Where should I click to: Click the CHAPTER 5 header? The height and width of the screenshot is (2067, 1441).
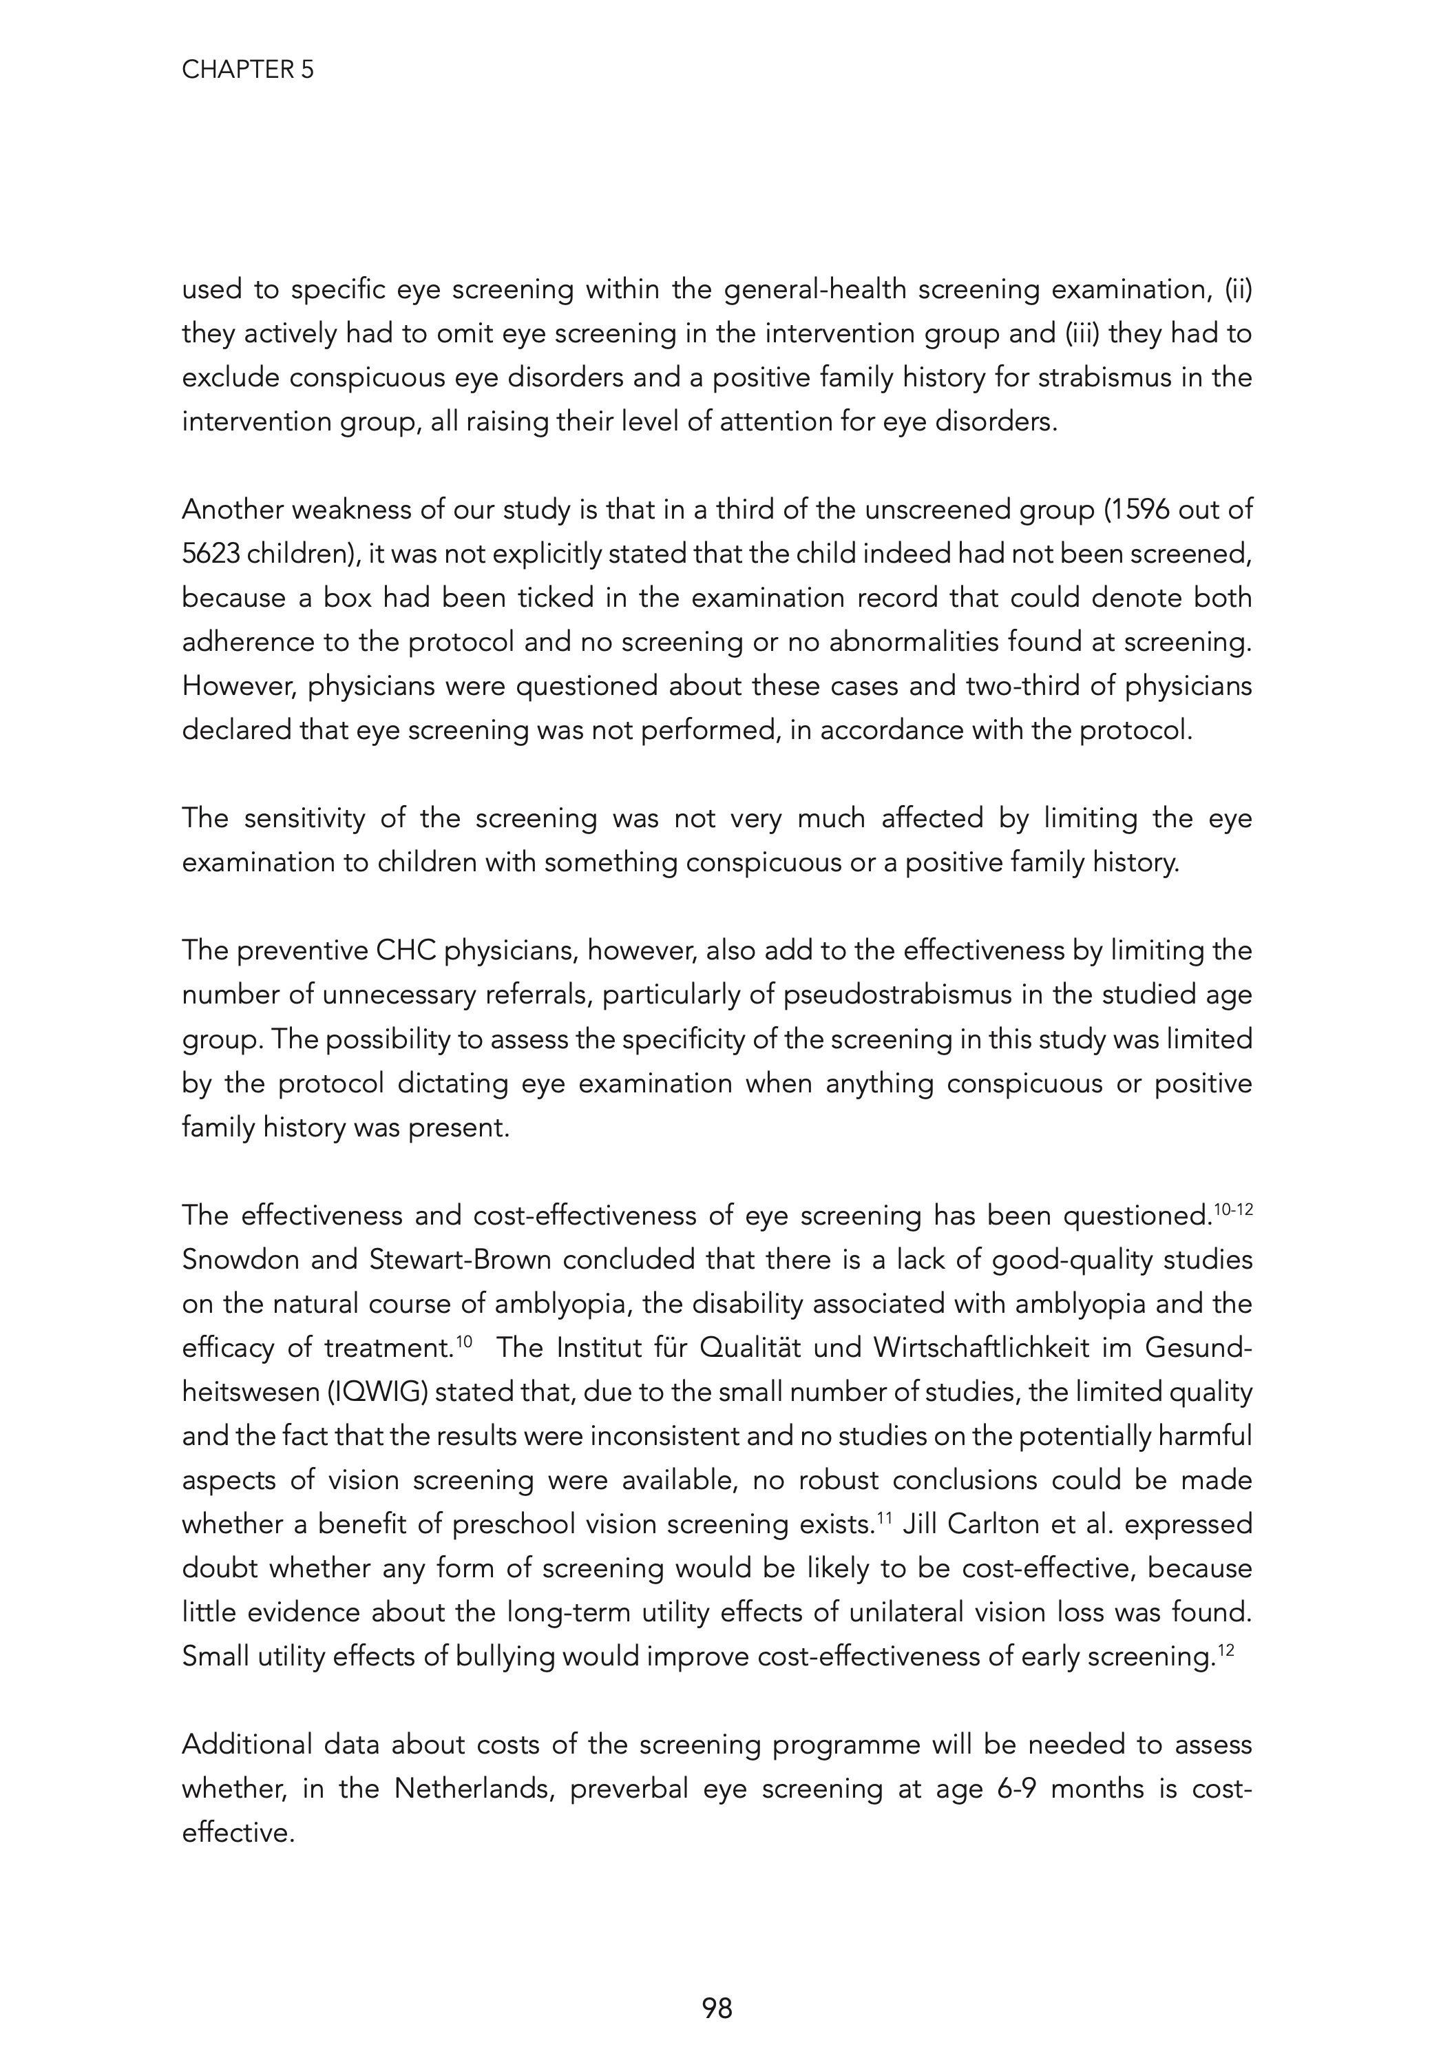click(x=248, y=70)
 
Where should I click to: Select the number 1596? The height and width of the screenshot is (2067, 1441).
click(x=1136, y=510)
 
